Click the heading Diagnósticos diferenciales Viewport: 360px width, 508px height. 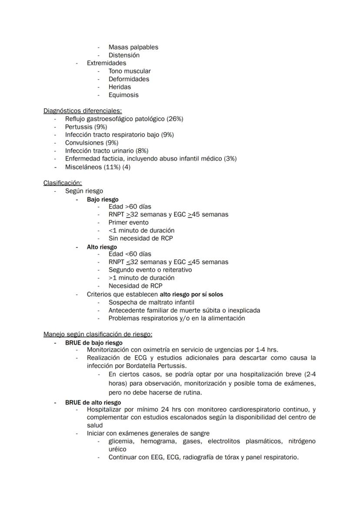coord(82,111)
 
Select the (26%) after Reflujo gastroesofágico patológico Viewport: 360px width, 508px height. coord(175,119)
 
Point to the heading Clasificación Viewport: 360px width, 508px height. coord(62,183)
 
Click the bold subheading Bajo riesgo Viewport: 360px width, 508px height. coord(103,199)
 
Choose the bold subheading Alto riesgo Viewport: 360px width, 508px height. coord(102,247)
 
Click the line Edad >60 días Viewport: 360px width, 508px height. coord(130,206)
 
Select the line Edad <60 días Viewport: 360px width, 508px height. coord(130,254)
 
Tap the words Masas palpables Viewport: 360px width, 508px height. coord(133,47)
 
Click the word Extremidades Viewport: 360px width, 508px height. coord(106,63)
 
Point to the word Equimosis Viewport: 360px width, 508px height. coord(123,95)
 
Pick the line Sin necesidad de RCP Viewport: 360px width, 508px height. coord(140,238)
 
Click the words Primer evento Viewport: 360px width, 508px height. coord(128,222)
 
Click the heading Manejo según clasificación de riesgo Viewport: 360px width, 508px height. coord(97,334)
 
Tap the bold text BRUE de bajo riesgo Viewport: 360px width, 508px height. coord(93,342)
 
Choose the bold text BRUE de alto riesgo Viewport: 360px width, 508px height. coord(93,402)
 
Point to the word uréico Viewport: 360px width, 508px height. coord(117,449)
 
